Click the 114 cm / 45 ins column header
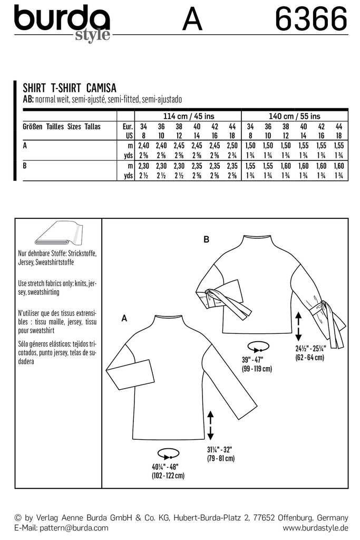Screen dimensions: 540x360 (x=188, y=116)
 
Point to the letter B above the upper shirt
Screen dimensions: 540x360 (x=207, y=240)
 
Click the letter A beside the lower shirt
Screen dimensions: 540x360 (x=124, y=318)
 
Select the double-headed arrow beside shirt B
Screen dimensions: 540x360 (x=298, y=326)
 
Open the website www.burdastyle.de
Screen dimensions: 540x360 (x=316, y=527)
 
